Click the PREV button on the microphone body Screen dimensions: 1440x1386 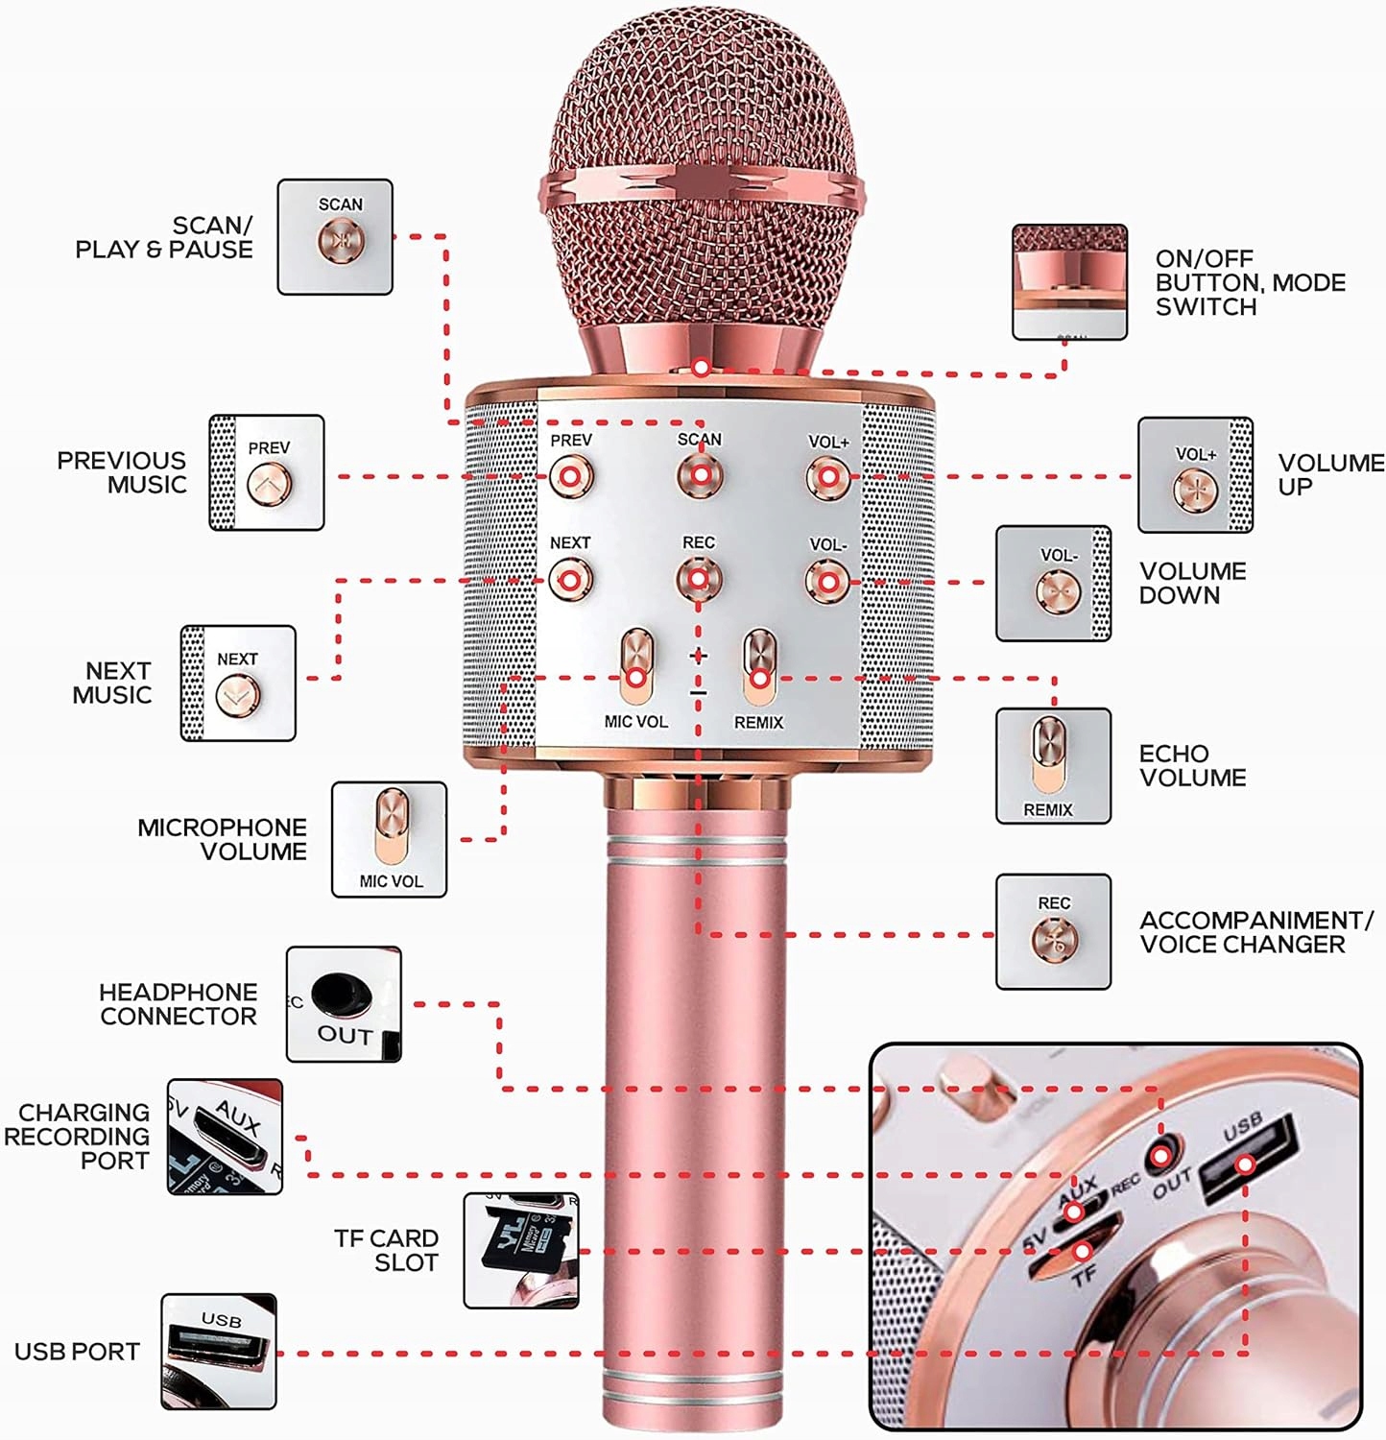(570, 476)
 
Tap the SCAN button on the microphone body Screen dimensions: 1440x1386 (701, 475)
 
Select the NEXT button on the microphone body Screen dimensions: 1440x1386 (570, 581)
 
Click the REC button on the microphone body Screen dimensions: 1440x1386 (698, 579)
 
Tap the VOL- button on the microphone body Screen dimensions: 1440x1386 (827, 582)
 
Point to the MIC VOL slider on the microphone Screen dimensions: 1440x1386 (635, 667)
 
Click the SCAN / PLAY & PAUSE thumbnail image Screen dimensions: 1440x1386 (335, 237)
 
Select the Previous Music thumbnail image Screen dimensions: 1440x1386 (267, 472)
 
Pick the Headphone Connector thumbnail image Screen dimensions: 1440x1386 (344, 1004)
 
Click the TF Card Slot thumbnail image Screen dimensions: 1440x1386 (521, 1251)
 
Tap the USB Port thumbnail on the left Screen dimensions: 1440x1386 (219, 1352)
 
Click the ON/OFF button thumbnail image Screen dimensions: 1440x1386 (1069, 282)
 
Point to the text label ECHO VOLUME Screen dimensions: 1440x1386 (1192, 766)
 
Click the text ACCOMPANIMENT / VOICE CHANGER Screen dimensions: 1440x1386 (1255, 932)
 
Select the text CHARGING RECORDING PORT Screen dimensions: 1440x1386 (79, 1137)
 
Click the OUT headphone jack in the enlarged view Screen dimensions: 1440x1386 (1161, 1155)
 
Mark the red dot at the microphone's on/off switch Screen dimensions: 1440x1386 (702, 368)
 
